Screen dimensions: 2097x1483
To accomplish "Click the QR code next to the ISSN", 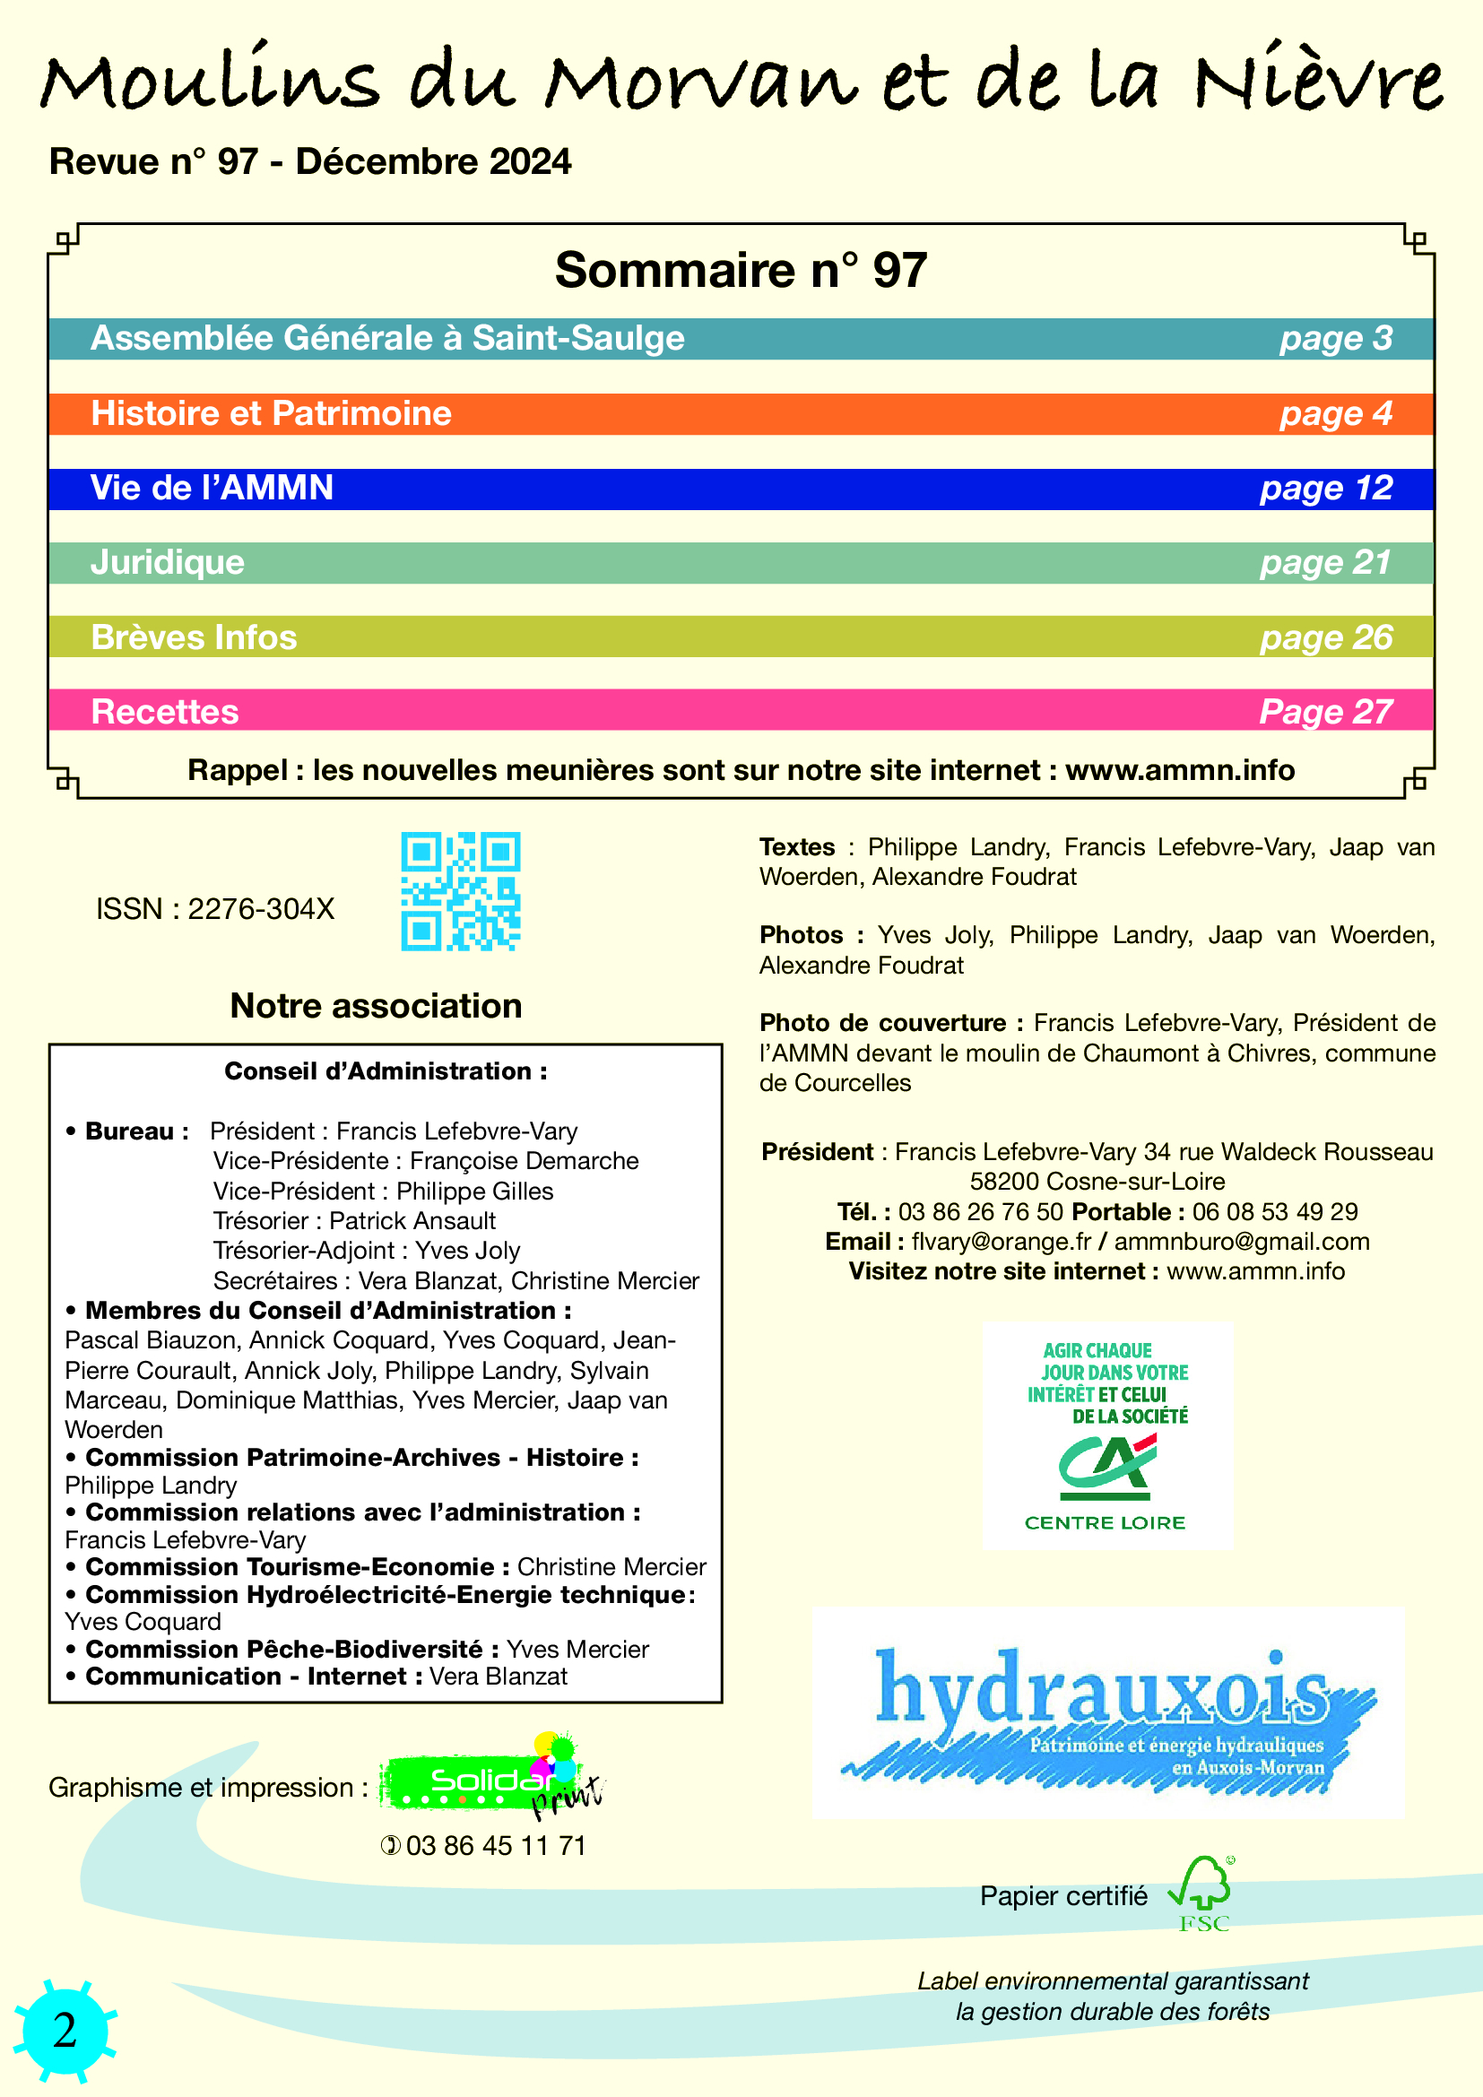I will tap(460, 890).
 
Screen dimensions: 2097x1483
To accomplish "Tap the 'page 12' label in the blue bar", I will tap(1326, 489).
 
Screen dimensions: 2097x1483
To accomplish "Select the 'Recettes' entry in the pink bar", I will tap(164, 712).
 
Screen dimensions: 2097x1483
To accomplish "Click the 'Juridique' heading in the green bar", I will tap(167, 563).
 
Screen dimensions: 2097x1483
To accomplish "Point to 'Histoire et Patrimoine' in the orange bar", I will tap(271, 413).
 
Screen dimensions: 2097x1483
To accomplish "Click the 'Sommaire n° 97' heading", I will tap(741, 271).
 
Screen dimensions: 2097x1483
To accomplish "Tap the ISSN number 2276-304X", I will tap(261, 909).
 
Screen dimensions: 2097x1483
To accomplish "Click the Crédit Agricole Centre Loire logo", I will tap(1106, 1435).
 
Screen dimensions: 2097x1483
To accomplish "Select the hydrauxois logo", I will tap(1107, 1713).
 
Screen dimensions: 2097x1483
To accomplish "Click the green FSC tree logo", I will tap(1202, 1894).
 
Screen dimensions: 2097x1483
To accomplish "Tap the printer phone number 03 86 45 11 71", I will tap(495, 1846).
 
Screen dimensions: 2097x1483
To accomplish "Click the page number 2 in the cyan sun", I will tap(65, 2031).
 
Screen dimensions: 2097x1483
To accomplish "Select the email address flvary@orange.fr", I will tap(1001, 1241).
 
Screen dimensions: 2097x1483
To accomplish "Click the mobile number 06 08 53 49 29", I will tap(1275, 1212).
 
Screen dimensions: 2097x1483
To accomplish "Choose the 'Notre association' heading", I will tap(377, 1006).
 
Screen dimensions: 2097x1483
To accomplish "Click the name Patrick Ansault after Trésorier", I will tap(412, 1221).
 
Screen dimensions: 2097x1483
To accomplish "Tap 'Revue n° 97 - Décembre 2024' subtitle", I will tap(310, 161).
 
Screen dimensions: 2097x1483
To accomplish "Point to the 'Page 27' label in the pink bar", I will tap(1326, 712).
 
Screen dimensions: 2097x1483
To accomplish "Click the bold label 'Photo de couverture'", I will tap(882, 1023).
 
